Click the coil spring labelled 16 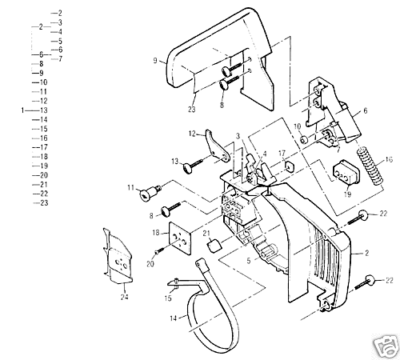click(x=369, y=170)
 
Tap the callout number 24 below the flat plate click(x=123, y=301)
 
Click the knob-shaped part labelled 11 click(x=150, y=194)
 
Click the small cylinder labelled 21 click(x=214, y=248)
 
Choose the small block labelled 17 click(x=286, y=166)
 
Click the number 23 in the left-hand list click(x=44, y=203)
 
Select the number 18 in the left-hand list click(x=44, y=156)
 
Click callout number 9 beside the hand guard click(x=154, y=60)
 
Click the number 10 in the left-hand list click(x=43, y=82)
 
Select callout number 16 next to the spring click(x=390, y=160)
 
